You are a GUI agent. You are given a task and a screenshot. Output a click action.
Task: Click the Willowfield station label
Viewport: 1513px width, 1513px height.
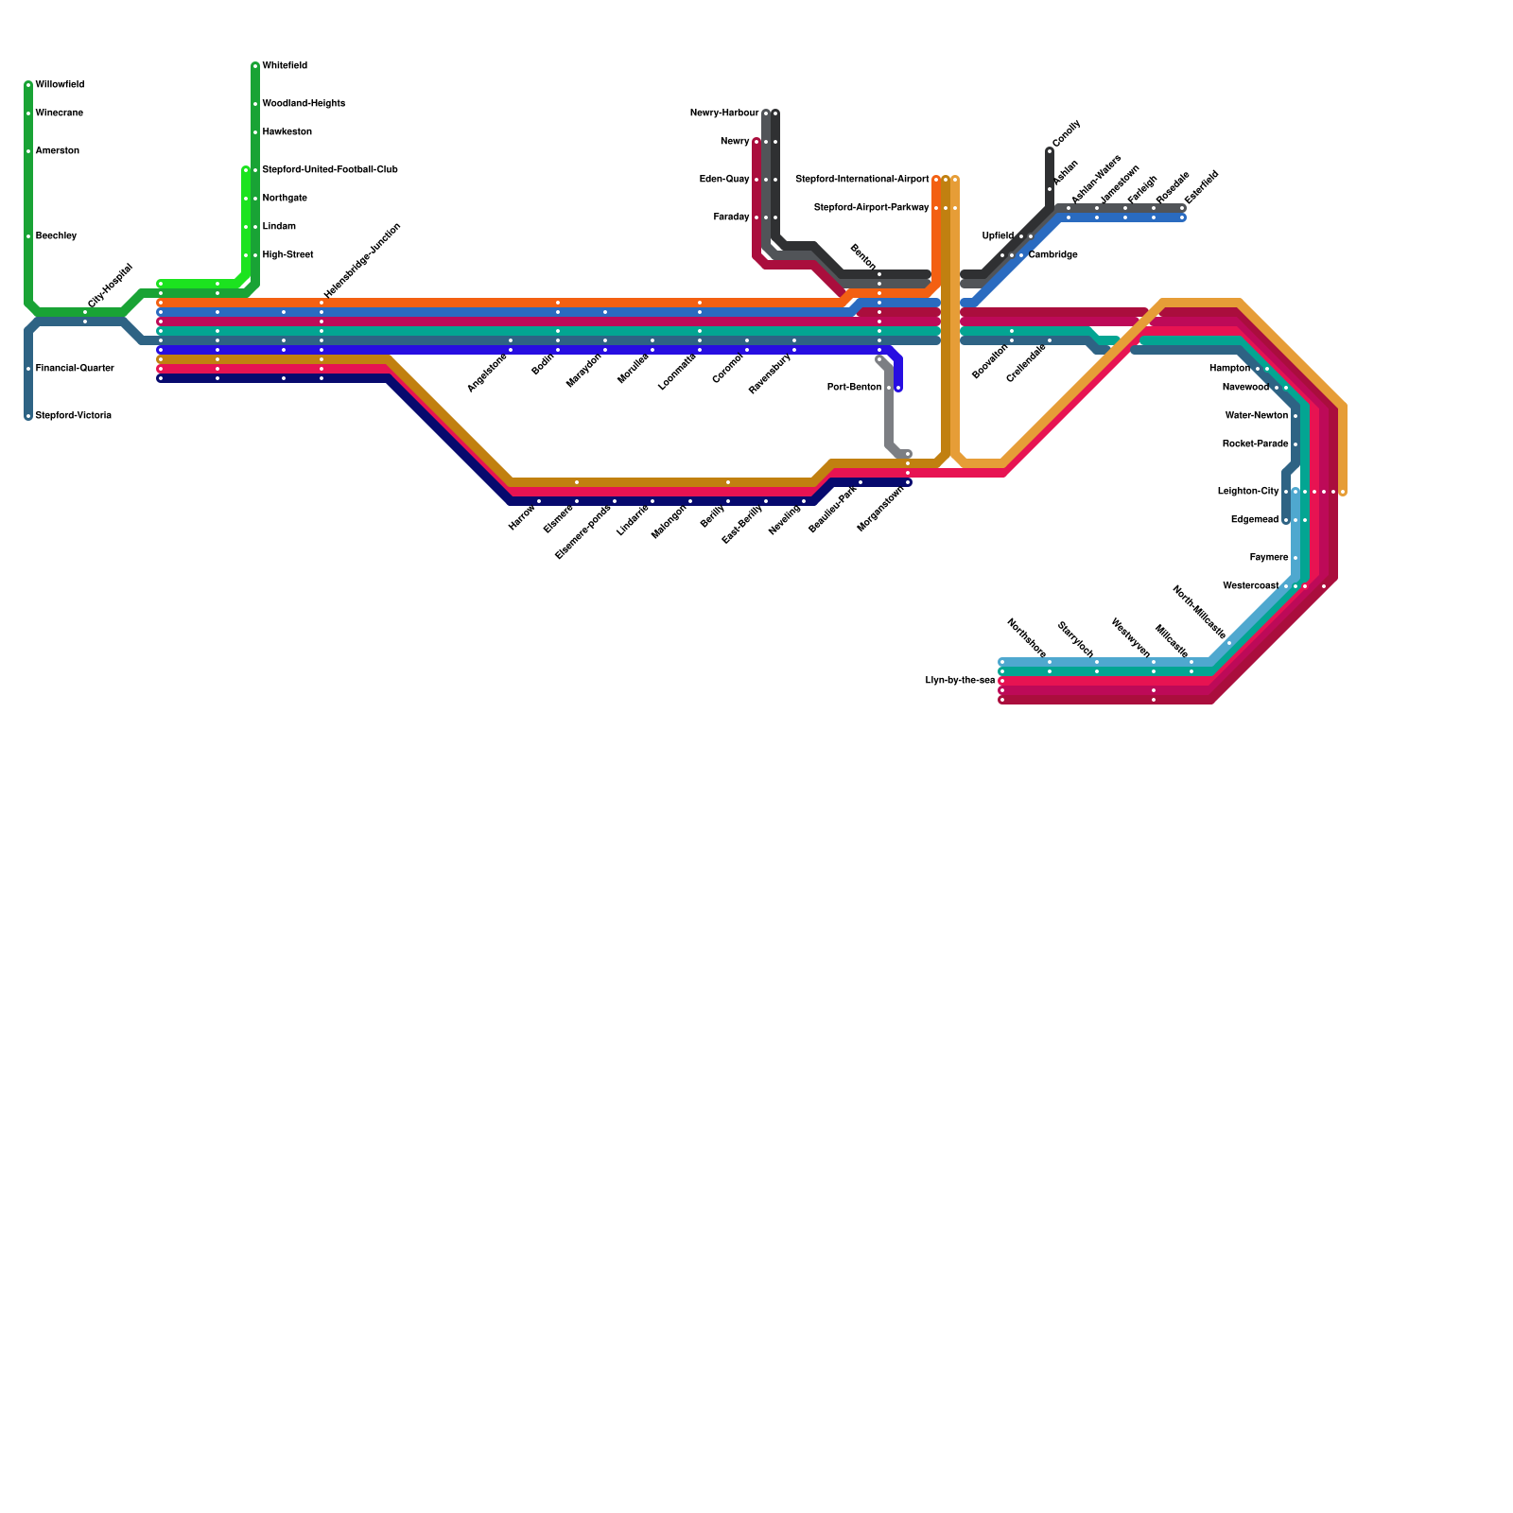click(60, 85)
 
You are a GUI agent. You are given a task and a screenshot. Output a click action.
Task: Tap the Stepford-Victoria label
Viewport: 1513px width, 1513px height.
click(73, 416)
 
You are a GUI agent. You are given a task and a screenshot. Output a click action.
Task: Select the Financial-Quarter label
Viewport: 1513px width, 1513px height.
click(75, 369)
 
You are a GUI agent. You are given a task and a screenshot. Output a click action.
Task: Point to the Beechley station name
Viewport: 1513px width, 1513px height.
click(56, 236)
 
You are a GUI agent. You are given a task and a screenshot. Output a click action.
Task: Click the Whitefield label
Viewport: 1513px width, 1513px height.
click(284, 66)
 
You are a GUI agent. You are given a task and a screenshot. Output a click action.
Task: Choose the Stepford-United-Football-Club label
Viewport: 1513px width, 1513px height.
click(329, 170)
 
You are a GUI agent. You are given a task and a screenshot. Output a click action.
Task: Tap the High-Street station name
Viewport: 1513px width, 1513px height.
click(287, 255)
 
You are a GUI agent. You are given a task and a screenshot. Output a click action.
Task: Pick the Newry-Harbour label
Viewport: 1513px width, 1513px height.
click(723, 113)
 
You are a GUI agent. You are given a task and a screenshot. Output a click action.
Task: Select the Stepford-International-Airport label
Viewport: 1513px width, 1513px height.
click(861, 180)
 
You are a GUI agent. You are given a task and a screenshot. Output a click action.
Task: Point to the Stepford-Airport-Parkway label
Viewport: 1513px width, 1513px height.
click(871, 208)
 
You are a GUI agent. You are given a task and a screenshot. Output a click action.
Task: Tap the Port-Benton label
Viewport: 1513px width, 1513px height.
click(854, 388)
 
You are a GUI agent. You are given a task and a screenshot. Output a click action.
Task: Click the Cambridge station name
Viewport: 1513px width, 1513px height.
click(1052, 255)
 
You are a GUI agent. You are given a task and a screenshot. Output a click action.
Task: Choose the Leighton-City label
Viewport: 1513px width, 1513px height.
click(1247, 492)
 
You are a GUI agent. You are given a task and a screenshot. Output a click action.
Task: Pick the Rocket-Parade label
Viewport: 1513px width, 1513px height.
click(1255, 444)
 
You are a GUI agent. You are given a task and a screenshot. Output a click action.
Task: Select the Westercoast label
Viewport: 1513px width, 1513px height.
click(1250, 586)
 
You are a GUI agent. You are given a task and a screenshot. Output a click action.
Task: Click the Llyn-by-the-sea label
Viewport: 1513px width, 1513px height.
click(960, 681)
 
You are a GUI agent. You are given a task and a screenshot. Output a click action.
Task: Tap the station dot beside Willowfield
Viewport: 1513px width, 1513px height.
click(28, 85)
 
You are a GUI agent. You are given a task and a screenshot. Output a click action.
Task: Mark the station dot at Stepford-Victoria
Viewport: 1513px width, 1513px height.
click(28, 416)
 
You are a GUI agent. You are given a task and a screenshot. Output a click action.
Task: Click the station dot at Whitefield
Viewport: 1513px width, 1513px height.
click(255, 66)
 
